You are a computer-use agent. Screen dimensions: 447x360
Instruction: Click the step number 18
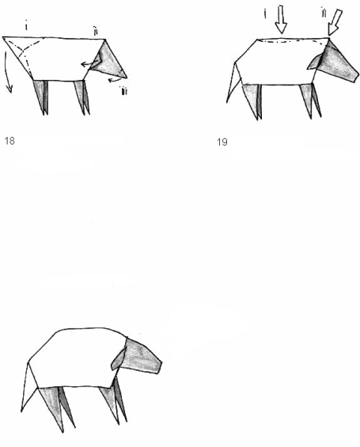pos(10,143)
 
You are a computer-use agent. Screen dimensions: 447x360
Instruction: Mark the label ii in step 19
pos(322,12)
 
